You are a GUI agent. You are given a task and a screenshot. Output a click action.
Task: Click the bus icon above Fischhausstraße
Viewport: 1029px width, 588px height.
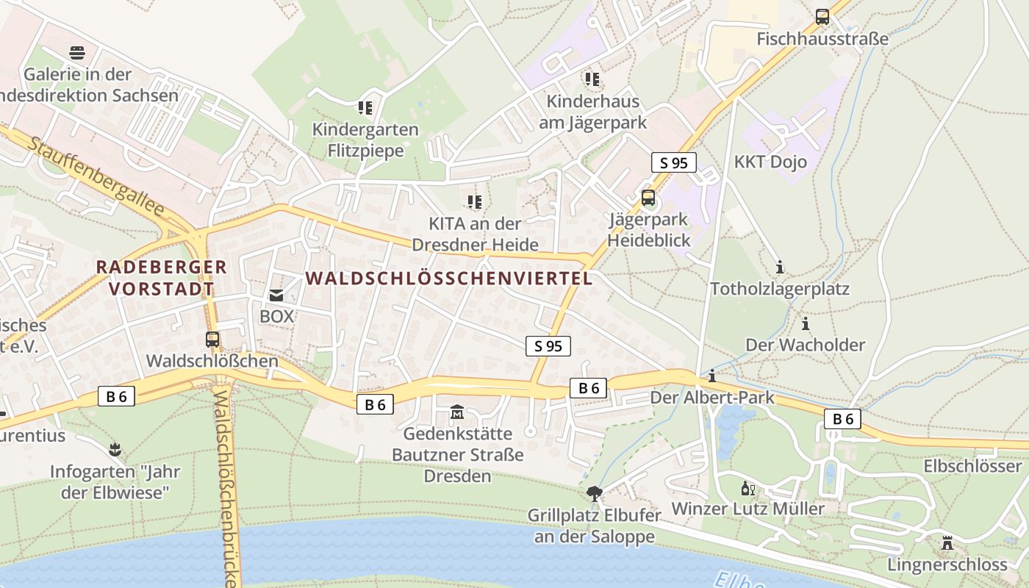click(822, 16)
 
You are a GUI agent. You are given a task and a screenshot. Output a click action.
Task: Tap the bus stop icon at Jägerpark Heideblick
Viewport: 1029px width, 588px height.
click(648, 197)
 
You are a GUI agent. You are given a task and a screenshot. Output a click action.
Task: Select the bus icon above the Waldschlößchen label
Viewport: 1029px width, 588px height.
click(212, 339)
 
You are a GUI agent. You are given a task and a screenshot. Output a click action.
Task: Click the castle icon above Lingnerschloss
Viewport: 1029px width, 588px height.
click(947, 543)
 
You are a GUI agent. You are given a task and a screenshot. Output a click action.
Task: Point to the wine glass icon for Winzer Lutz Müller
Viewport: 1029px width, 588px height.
click(747, 487)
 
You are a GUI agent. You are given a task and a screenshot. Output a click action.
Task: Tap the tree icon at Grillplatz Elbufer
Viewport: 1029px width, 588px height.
click(595, 493)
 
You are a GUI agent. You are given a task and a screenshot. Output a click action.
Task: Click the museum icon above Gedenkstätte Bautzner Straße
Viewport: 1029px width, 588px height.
click(457, 411)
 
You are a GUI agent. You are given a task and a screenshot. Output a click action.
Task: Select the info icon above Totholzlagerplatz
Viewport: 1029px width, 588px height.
click(780, 267)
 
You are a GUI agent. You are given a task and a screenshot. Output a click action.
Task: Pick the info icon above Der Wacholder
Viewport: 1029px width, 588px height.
click(806, 323)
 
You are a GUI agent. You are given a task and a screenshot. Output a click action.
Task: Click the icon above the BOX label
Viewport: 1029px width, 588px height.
click(276, 295)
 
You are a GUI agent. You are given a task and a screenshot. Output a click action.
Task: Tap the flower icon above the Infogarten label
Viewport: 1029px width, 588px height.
click(115, 448)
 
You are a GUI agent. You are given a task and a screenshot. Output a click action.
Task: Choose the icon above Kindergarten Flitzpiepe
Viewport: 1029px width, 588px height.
click(365, 108)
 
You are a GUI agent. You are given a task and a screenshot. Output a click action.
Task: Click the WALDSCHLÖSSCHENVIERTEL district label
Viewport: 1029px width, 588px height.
click(448, 279)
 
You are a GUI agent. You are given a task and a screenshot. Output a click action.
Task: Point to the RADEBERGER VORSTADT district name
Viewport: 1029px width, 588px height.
click(162, 277)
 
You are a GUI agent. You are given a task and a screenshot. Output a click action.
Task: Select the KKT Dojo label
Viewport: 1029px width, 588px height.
click(770, 162)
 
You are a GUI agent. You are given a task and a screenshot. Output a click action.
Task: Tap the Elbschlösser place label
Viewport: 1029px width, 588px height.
click(972, 466)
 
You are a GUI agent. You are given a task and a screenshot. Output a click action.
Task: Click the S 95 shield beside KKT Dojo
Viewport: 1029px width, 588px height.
click(673, 162)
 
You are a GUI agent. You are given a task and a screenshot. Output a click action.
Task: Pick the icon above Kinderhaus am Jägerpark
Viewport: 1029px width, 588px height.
click(592, 79)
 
